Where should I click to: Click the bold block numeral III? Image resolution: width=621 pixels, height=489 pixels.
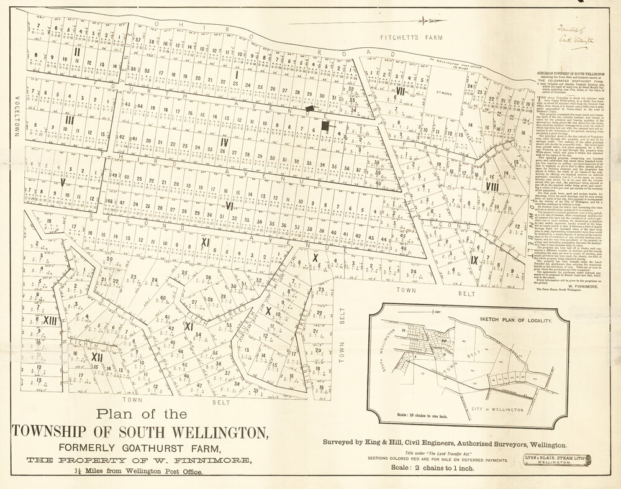[70, 120]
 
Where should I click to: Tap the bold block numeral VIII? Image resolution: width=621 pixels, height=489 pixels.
[492, 186]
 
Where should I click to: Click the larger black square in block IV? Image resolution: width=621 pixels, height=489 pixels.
[325, 126]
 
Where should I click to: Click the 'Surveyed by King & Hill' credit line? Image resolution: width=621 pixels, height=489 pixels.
[444, 445]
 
